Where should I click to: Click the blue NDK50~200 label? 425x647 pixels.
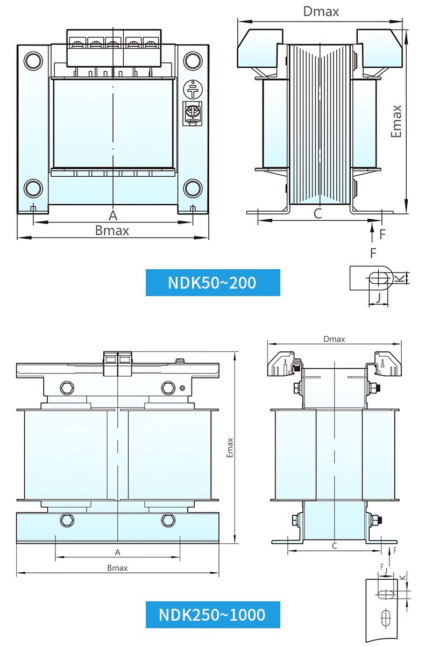pos(213,283)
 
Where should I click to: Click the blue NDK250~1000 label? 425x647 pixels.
pos(213,614)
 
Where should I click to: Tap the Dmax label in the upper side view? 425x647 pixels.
pos(321,12)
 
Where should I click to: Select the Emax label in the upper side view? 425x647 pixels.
pos(396,121)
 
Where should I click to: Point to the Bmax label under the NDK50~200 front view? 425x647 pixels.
pos(112,231)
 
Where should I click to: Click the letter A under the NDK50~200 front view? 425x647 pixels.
pos(113,215)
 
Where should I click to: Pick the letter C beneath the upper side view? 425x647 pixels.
pos(318,214)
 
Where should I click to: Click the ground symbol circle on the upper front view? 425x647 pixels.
pos(193,89)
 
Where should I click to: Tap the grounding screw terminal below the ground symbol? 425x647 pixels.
pos(193,113)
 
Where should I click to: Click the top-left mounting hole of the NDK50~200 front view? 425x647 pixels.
pos(33,60)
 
